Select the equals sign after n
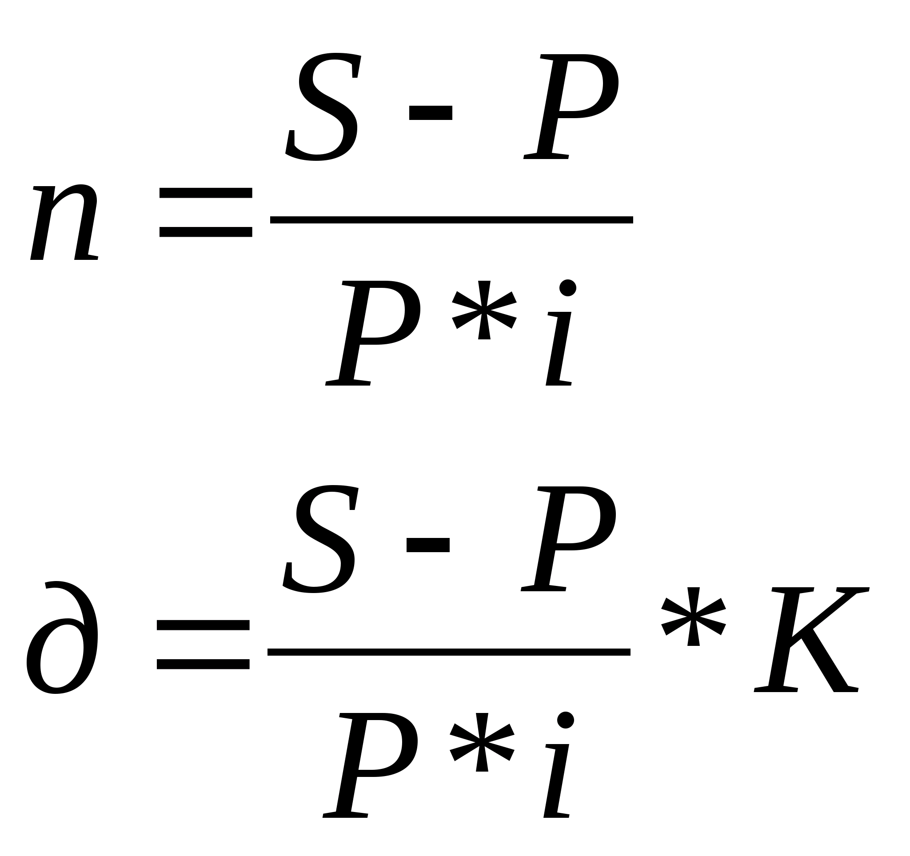point(206,212)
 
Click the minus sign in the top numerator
point(430,113)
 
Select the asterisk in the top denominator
point(484,310)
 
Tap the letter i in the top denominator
point(561,333)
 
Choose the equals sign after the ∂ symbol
point(203,645)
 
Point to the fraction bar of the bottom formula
point(449,652)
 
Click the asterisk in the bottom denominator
point(482,742)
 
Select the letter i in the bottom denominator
point(559,765)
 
